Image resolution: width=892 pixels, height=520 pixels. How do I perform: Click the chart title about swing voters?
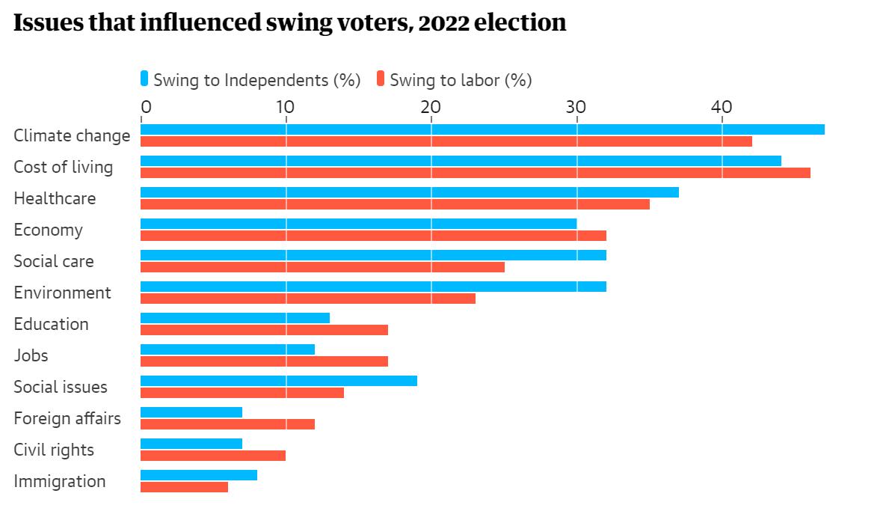pyautogui.click(x=289, y=23)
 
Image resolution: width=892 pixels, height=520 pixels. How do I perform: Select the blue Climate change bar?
pyautogui.click(x=482, y=129)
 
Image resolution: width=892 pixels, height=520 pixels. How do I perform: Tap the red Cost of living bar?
pyautogui.click(x=476, y=173)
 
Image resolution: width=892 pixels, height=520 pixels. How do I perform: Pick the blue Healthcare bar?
pyautogui.click(x=410, y=192)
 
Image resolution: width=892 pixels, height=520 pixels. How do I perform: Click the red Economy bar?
pyautogui.click(x=373, y=236)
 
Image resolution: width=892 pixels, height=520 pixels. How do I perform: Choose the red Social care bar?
pyautogui.click(x=322, y=267)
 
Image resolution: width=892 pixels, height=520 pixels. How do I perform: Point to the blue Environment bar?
pyautogui.click(x=373, y=287)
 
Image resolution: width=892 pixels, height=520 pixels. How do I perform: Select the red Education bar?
pyautogui.click(x=264, y=330)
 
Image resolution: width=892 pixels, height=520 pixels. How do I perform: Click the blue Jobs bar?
pyautogui.click(x=227, y=349)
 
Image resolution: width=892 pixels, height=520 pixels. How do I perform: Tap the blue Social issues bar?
pyautogui.click(x=279, y=381)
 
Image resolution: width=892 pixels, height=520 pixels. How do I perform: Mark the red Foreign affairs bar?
pyautogui.click(x=227, y=424)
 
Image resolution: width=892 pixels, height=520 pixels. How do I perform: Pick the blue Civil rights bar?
pyautogui.click(x=191, y=444)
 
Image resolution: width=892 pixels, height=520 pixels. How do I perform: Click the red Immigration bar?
pyautogui.click(x=184, y=487)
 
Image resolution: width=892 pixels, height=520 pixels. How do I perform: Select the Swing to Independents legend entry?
pyautogui.click(x=250, y=80)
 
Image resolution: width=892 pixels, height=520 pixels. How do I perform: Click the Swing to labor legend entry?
pyautogui.click(x=455, y=80)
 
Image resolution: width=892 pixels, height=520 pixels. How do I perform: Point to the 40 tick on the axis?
pyautogui.click(x=722, y=107)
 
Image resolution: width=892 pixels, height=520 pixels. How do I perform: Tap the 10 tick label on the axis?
pyautogui.click(x=285, y=107)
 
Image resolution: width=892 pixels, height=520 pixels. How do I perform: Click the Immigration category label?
pyautogui.click(x=60, y=481)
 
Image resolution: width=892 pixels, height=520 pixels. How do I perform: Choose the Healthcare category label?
pyautogui.click(x=55, y=198)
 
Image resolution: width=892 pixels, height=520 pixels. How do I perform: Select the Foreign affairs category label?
pyautogui.click(x=67, y=418)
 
